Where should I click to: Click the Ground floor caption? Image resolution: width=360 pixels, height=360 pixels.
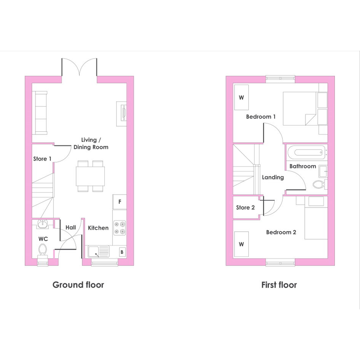tap(78, 285)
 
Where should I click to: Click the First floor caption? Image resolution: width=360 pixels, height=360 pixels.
tap(279, 285)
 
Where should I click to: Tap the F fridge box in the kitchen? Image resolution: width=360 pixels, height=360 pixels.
tap(120, 202)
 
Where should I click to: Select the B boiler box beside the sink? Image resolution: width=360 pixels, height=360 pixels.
tap(122, 252)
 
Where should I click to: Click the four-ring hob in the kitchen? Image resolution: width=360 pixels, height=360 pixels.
tap(120, 228)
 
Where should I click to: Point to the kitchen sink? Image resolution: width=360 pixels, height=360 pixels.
tap(99, 251)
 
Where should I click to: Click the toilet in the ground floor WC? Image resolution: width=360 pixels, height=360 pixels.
tap(43, 251)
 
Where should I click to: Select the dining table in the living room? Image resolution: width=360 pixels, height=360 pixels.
tap(90, 176)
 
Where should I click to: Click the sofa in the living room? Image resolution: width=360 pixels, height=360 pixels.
tap(40, 112)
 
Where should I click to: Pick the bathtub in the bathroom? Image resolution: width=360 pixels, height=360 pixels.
tap(307, 152)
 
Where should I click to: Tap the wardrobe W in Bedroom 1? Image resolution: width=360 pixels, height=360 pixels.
tap(241, 98)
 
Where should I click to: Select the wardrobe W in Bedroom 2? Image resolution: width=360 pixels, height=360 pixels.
tap(241, 244)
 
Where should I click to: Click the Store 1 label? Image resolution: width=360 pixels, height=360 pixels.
tap(42, 158)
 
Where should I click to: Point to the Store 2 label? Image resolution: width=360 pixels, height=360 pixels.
tap(245, 208)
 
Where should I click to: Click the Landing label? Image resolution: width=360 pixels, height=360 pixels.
tap(273, 177)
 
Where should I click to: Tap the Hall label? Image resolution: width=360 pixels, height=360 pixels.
tap(71, 227)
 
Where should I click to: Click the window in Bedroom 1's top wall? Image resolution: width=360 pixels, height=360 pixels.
tap(280, 79)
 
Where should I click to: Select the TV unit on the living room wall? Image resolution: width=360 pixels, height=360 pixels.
tap(122, 114)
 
